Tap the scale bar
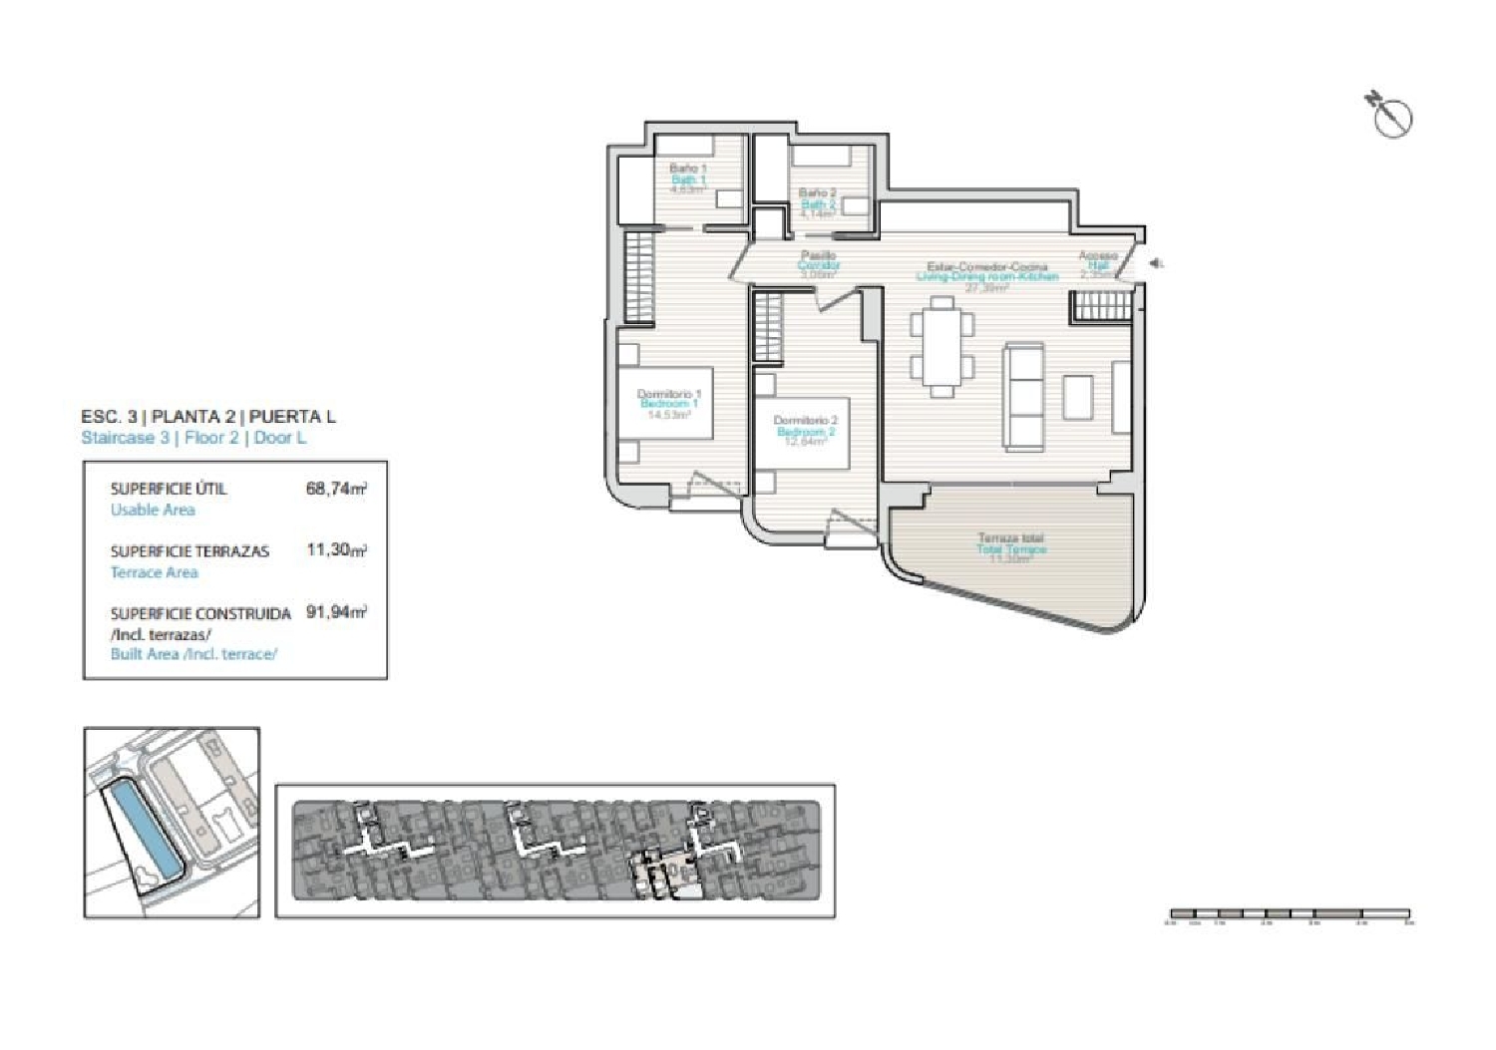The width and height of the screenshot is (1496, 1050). [x=1291, y=913]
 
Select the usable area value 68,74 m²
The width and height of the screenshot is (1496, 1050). [x=336, y=489]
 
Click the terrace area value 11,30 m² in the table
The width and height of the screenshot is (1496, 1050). [x=336, y=549]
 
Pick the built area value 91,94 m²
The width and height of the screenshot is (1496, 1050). [x=336, y=612]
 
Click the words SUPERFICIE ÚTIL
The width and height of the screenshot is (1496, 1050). [x=169, y=489]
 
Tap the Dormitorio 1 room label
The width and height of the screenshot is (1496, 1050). [x=669, y=395]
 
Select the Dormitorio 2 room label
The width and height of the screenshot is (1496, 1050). [x=805, y=421]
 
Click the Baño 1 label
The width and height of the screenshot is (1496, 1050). [x=688, y=170]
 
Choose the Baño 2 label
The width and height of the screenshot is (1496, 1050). [x=818, y=192]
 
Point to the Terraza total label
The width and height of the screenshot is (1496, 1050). [x=1011, y=538]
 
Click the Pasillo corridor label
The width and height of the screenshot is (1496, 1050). [x=818, y=256]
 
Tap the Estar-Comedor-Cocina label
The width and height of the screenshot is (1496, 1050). [x=987, y=267]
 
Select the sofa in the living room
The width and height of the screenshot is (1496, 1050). [x=1023, y=395]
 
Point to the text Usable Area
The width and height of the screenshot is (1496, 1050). [x=153, y=510]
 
